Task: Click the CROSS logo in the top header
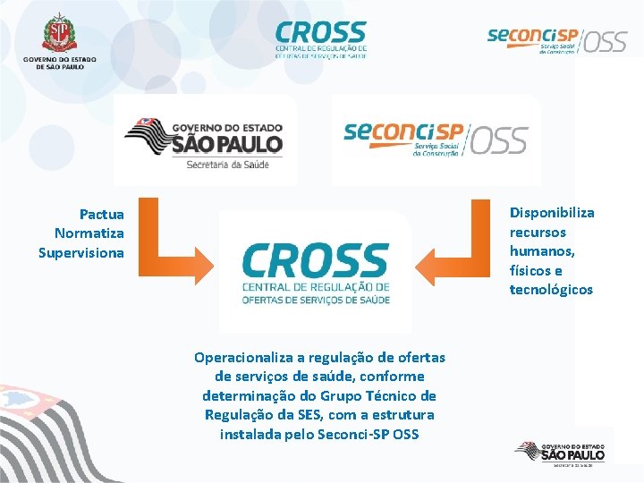point(320,39)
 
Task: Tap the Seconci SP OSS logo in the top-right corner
point(556,39)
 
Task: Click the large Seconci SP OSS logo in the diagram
point(436,140)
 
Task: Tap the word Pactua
point(102,215)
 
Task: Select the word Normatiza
point(89,233)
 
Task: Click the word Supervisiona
point(81,252)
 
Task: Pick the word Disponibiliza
point(552,213)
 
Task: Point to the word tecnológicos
point(551,289)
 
